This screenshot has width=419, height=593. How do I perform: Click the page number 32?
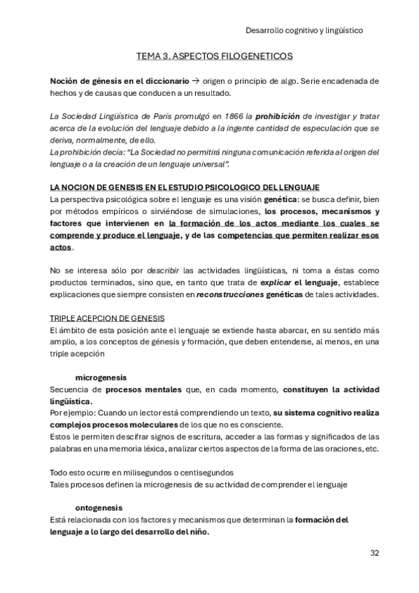click(x=374, y=552)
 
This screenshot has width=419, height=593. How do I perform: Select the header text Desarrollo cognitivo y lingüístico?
click(x=304, y=30)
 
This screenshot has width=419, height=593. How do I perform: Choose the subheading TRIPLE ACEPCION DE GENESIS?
click(x=107, y=317)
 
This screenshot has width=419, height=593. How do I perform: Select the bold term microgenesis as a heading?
click(x=101, y=377)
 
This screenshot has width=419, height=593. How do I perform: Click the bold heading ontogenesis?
click(x=99, y=507)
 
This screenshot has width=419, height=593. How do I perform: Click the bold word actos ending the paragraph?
click(x=61, y=248)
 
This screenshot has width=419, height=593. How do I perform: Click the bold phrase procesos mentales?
click(x=134, y=389)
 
